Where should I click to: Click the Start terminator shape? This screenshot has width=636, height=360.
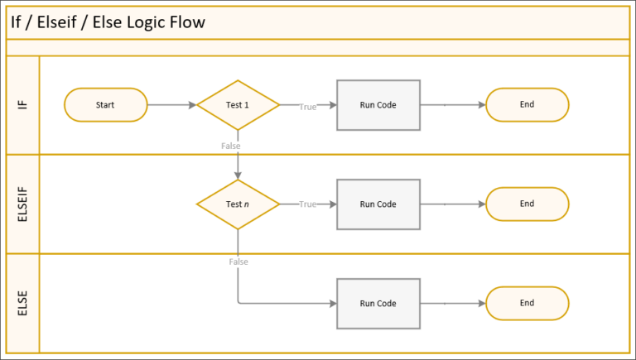(x=105, y=105)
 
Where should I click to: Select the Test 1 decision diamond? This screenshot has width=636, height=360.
(x=238, y=105)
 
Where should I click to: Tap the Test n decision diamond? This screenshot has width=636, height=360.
(x=238, y=204)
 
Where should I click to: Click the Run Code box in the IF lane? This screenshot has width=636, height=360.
(x=378, y=105)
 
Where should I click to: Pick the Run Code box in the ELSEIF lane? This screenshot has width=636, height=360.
(x=378, y=204)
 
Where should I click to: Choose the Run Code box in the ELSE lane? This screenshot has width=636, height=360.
(x=378, y=304)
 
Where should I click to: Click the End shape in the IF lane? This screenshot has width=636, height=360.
(x=527, y=105)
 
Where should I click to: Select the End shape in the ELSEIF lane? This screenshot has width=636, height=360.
(x=527, y=204)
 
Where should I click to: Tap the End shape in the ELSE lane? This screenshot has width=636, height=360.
(x=527, y=304)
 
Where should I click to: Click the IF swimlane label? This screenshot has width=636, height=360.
(x=22, y=105)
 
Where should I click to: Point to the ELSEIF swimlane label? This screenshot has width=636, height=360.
(x=22, y=204)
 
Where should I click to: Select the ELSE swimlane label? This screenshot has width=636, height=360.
(x=22, y=304)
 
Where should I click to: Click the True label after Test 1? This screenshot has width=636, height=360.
(x=307, y=106)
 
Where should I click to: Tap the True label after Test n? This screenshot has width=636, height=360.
(x=307, y=204)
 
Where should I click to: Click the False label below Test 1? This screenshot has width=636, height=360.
(x=231, y=146)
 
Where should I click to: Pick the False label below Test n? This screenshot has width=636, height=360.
(x=238, y=262)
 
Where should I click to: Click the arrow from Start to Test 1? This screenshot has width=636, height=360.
(x=171, y=105)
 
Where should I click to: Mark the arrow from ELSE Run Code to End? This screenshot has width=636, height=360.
(x=452, y=304)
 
